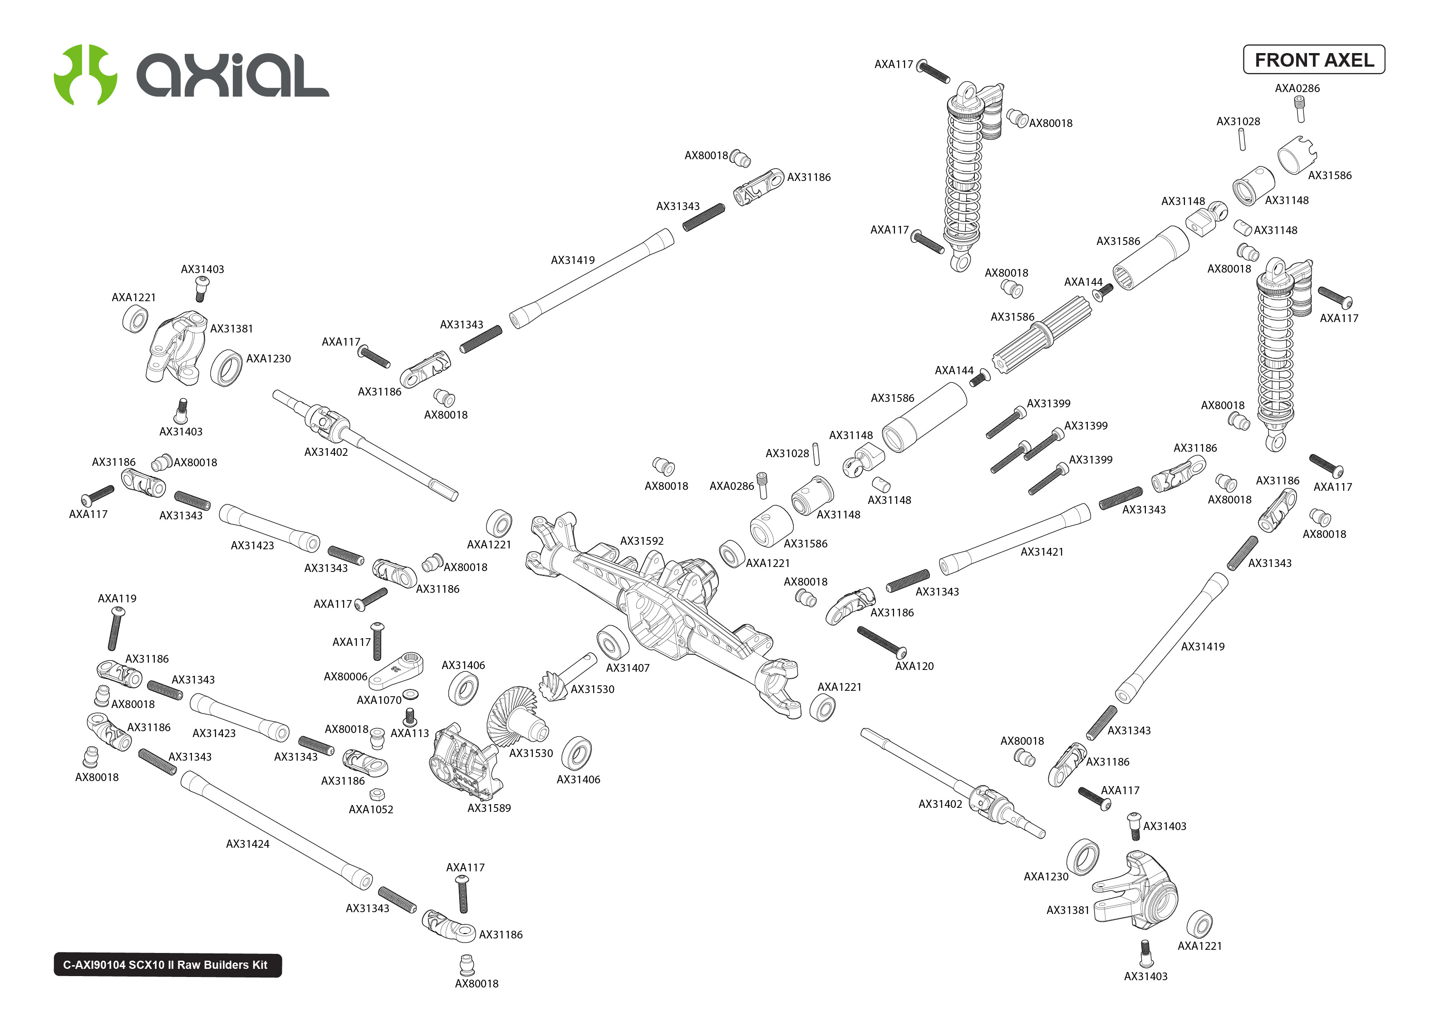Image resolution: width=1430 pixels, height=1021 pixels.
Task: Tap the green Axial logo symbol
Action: [x=85, y=75]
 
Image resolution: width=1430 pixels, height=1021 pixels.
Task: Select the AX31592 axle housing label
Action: [x=641, y=541]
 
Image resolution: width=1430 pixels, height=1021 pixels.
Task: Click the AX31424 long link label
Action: [x=247, y=844]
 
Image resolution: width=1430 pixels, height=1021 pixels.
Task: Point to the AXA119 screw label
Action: [x=117, y=599]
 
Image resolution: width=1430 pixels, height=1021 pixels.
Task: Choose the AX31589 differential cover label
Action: [x=489, y=808]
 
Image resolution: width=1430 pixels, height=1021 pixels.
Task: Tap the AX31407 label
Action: [x=627, y=668]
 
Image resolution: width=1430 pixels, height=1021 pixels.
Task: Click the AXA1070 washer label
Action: [x=378, y=700]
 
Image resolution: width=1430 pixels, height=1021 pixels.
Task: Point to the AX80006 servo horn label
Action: [x=345, y=676]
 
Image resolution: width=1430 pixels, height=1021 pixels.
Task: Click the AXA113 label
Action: [x=409, y=733]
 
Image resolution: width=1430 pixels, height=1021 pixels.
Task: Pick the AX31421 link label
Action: [x=1042, y=552]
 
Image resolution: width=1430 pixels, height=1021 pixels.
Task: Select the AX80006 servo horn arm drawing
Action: [x=396, y=671]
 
